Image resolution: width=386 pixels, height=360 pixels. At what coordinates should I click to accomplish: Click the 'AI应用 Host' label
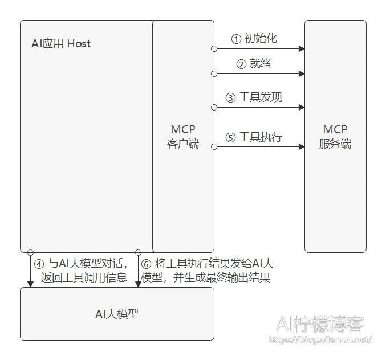tap(61, 43)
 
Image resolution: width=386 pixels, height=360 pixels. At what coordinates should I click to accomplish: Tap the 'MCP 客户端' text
tap(183, 137)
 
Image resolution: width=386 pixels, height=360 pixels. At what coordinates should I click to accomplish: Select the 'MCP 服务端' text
tap(335, 137)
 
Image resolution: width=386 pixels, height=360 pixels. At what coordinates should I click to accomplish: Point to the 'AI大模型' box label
tap(117, 314)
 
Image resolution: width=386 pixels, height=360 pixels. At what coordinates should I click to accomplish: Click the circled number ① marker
tap(236, 39)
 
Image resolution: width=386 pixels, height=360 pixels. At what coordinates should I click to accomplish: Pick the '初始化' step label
tap(261, 39)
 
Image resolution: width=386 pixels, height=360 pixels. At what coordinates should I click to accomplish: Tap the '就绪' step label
tap(261, 63)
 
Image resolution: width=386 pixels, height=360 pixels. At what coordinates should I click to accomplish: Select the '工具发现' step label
tap(261, 97)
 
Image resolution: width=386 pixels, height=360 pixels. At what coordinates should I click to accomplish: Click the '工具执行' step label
tap(261, 137)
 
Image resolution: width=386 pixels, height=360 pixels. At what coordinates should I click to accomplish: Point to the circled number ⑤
tap(231, 137)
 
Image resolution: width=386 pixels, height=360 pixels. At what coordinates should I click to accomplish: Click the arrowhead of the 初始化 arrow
tap(302, 48)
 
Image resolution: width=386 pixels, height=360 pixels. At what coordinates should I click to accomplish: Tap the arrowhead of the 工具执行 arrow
tap(302, 147)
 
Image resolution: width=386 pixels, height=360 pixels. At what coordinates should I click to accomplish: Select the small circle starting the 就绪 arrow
tap(214, 74)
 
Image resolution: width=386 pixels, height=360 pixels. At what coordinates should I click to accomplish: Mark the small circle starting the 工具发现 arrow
tap(214, 108)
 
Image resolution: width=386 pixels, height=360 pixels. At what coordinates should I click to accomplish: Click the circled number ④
tap(39, 264)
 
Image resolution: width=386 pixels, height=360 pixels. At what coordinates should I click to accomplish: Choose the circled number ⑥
tap(146, 264)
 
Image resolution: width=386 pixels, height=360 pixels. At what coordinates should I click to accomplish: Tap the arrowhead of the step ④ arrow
tap(30, 284)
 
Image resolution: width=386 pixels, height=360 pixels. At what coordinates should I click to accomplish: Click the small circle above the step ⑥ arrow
tap(139, 252)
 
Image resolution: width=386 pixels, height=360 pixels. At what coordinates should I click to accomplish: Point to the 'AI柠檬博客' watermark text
tap(320, 324)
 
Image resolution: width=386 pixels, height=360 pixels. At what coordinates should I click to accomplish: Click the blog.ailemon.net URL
tap(320, 339)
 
